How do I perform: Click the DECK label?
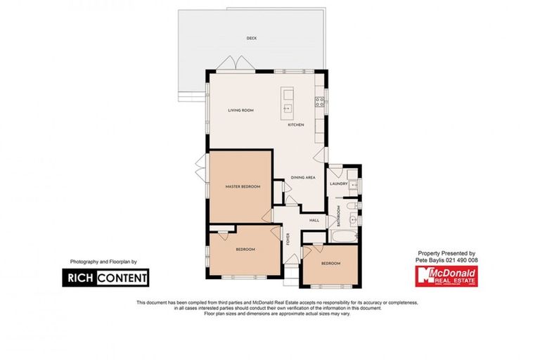pyautogui.click(x=251, y=38)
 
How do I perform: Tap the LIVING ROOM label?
pyautogui.click(x=240, y=110)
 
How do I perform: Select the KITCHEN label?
pyautogui.click(x=296, y=124)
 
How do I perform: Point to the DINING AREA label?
pyautogui.click(x=304, y=177)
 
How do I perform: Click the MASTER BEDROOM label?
pyautogui.click(x=243, y=186)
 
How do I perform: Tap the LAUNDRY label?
pyautogui.click(x=340, y=184)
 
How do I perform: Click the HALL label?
pyautogui.click(x=314, y=220)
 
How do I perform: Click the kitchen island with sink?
pyautogui.click(x=288, y=103)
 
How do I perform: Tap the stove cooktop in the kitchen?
pyautogui.click(x=320, y=100)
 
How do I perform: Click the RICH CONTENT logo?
pyautogui.click(x=107, y=278)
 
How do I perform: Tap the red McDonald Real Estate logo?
pyautogui.click(x=447, y=276)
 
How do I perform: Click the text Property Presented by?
pyautogui.click(x=446, y=253)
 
